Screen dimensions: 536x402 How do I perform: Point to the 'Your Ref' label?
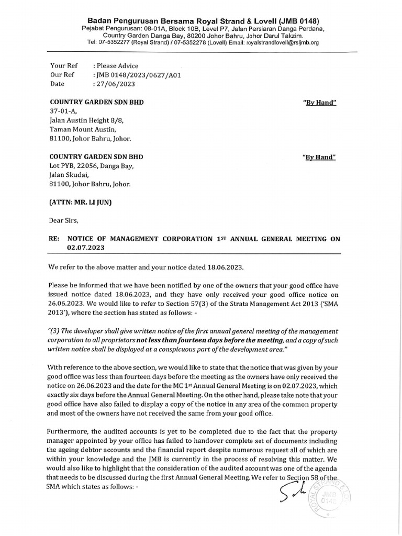pos(63,65)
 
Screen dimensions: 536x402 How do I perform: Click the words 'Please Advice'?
pos(117,65)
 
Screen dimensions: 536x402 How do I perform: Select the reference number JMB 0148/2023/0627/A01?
pos(137,74)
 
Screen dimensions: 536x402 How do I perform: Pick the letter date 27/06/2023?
pos(113,83)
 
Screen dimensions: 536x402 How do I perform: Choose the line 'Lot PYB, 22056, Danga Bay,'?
pos(92,166)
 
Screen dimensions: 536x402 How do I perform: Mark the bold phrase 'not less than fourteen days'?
pos(175,340)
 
